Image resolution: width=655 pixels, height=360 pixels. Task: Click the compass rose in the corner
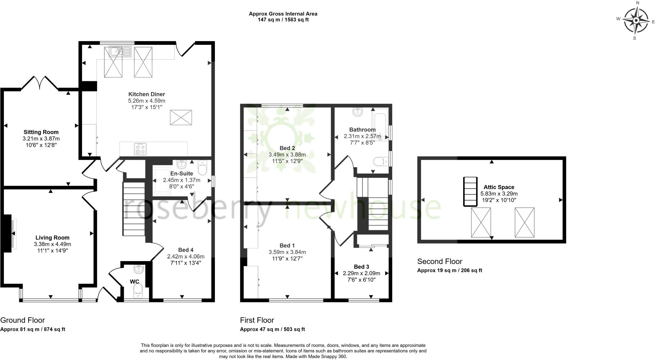click(636, 21)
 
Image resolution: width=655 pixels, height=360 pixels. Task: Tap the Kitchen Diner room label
click(146, 94)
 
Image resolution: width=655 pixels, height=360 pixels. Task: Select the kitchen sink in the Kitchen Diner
click(120, 51)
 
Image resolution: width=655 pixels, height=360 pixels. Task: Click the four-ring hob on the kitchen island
click(140, 149)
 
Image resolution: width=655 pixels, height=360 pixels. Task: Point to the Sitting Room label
click(41, 132)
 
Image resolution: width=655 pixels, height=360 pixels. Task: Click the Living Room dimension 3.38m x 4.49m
click(52, 244)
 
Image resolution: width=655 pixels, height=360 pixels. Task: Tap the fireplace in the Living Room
click(9, 234)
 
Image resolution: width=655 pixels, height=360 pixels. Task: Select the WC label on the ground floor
click(134, 282)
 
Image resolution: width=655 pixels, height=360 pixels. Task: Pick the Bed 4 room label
click(185, 250)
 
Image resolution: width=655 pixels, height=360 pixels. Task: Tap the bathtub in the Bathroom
click(380, 125)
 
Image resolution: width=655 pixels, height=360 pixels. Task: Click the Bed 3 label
click(361, 267)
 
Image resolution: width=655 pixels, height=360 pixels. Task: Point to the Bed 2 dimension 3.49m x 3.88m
click(287, 155)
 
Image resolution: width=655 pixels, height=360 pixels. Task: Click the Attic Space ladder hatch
click(470, 192)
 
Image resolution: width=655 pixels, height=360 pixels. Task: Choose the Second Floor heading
click(440, 261)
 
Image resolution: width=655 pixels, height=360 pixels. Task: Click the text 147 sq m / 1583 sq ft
click(283, 20)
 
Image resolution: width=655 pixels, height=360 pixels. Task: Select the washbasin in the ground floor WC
click(139, 269)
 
